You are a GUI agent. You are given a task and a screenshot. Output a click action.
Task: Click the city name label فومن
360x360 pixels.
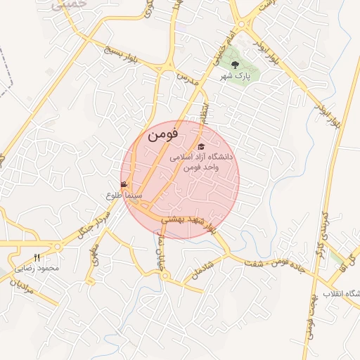click(x=163, y=133)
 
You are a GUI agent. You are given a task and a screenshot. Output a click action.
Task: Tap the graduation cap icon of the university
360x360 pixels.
click(x=201, y=146)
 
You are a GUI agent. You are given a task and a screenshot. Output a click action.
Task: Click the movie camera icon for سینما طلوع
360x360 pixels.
click(x=124, y=185)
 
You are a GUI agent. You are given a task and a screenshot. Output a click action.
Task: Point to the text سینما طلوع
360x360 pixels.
click(x=124, y=195)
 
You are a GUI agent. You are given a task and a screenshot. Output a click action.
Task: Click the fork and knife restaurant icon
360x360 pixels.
click(x=37, y=257)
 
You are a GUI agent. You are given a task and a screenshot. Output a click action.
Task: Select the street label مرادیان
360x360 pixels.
click(x=21, y=287)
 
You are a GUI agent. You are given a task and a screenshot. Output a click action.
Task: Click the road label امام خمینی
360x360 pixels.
click(x=220, y=53)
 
